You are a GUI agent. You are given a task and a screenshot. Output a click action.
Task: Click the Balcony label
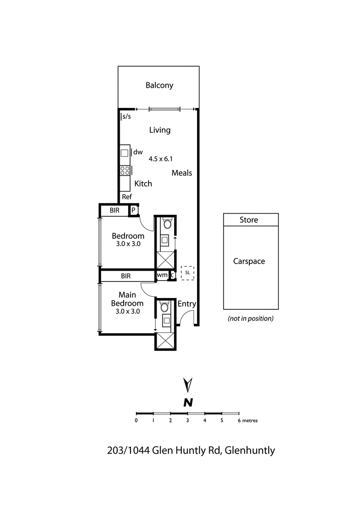(x=159, y=85)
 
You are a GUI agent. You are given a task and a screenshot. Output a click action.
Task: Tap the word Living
(x=160, y=130)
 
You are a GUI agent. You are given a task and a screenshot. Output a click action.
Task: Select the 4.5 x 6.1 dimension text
(x=161, y=158)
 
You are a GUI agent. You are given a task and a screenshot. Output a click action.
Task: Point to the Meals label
(x=182, y=173)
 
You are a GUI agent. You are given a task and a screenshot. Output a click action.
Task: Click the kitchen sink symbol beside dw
(x=125, y=153)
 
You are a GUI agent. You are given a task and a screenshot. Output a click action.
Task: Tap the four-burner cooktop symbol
(x=125, y=170)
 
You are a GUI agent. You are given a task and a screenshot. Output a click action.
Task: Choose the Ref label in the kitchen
(x=127, y=197)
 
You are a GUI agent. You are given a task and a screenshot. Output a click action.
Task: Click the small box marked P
(x=134, y=210)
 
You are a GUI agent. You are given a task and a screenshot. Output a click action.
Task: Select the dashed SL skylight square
(x=187, y=273)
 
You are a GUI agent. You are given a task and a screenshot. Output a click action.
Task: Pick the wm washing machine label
(x=162, y=275)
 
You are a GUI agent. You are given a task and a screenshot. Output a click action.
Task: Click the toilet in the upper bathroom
(x=166, y=223)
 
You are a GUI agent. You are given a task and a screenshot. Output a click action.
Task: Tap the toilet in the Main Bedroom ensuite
(x=165, y=307)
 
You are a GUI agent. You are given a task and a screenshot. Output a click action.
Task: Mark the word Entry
(x=187, y=304)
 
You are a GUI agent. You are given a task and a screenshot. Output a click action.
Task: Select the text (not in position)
(x=251, y=318)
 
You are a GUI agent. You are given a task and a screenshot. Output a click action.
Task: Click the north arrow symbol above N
(x=189, y=385)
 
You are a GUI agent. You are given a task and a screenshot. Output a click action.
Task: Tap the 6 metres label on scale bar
(x=247, y=421)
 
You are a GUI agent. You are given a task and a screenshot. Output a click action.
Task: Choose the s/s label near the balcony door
(x=126, y=117)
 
